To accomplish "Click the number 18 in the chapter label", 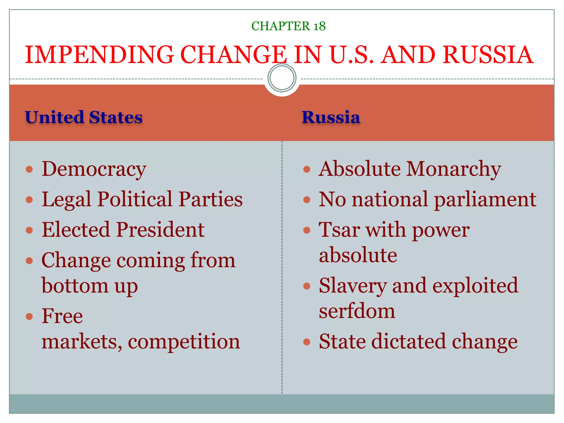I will (x=319, y=26).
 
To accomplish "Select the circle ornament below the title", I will (x=282, y=78).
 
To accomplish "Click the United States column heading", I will (x=84, y=117).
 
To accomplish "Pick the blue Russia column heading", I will (x=331, y=117).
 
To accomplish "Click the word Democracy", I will (x=94, y=169).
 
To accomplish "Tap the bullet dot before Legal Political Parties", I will (x=29, y=199).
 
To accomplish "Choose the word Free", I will (x=62, y=316).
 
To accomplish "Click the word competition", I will (x=184, y=341).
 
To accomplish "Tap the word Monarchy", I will (x=454, y=169).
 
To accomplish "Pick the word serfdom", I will (x=357, y=311).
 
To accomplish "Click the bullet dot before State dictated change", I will (x=307, y=342).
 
